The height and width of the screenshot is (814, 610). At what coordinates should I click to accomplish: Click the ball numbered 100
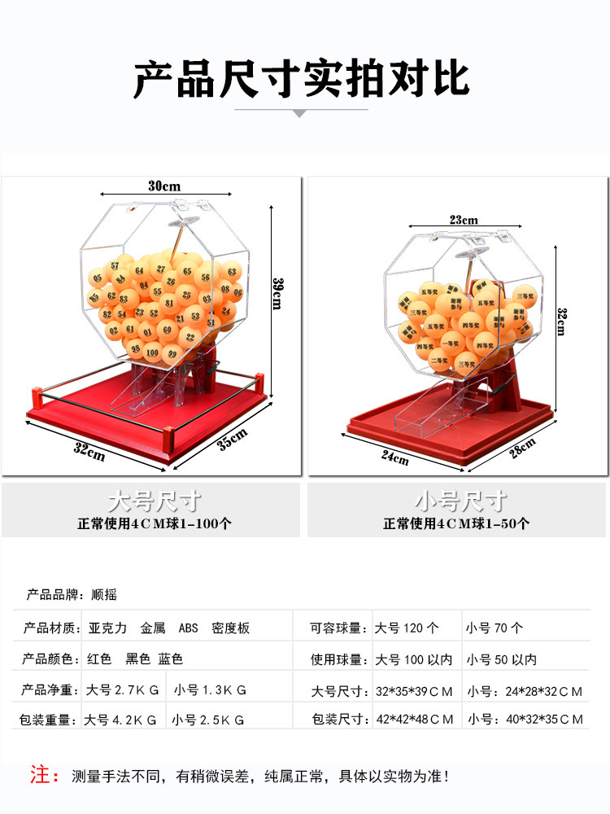tap(153, 352)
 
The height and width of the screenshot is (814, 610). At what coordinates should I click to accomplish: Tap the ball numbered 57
tap(115, 265)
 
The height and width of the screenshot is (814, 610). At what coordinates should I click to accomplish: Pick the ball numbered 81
tap(169, 302)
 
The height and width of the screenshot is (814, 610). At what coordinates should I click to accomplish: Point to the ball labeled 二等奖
tap(438, 361)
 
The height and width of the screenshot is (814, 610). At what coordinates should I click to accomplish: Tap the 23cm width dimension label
tap(464, 220)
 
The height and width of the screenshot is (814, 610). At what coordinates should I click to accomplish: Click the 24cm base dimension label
tap(395, 457)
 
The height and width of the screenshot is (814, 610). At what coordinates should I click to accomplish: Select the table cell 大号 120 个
tap(407, 628)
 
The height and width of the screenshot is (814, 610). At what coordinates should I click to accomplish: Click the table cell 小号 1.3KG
tap(210, 690)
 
